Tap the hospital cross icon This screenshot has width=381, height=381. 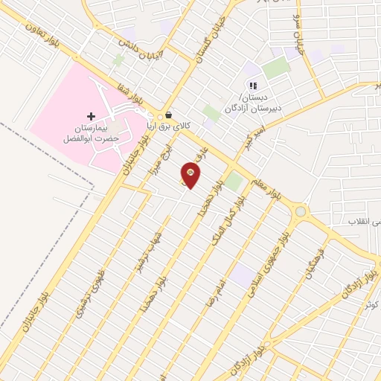pos(92,116)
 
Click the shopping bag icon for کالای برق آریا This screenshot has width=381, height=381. pos(169,116)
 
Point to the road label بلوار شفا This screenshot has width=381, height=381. pos(128,94)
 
